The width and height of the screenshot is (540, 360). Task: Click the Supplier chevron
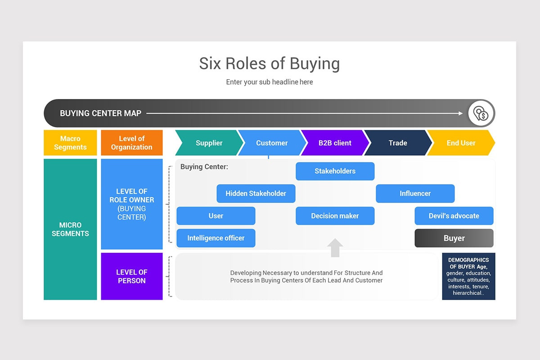[209, 143]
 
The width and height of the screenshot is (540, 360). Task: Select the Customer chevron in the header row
[272, 143]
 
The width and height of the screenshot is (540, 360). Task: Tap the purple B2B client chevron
[335, 143]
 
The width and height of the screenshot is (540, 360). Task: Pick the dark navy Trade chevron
[398, 143]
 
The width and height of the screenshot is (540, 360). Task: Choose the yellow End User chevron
[461, 143]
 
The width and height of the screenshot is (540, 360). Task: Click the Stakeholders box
[335, 171]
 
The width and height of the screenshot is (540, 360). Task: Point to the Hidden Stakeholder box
[256, 193]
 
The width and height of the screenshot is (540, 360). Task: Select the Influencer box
[415, 193]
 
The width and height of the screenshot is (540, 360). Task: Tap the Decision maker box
[335, 216]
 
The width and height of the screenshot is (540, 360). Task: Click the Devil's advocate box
[454, 216]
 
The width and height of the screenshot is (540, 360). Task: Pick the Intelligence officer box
[216, 238]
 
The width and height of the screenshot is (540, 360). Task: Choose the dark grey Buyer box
[454, 238]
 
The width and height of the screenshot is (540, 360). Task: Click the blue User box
[216, 216]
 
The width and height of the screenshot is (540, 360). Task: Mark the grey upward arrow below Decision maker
[335, 248]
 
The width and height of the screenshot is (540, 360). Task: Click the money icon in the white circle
[481, 113]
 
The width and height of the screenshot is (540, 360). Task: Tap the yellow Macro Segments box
[70, 143]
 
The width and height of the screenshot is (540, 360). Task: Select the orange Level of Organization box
[131, 143]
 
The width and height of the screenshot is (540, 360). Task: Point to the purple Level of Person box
[131, 276]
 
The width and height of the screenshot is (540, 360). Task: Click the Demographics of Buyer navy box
[468, 276]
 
